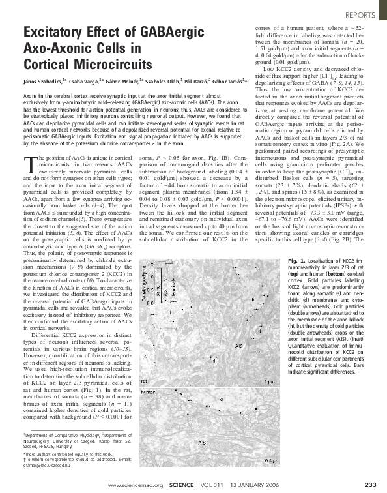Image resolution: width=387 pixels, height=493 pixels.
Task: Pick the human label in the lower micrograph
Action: (x=149, y=391)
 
